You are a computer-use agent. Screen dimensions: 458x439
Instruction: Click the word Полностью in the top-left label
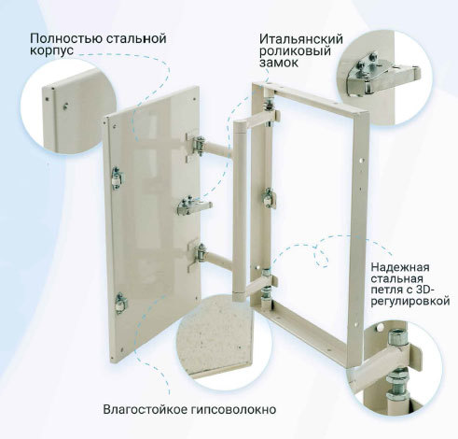coord(66,39)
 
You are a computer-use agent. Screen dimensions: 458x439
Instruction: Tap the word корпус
coord(51,50)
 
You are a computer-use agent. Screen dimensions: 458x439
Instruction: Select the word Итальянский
coord(301,39)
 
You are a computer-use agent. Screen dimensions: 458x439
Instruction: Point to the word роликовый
coord(295,51)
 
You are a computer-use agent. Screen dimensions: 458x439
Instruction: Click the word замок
coord(279,63)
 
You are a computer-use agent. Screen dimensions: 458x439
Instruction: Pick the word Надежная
coord(400,267)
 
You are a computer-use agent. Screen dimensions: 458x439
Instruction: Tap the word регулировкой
coord(410,302)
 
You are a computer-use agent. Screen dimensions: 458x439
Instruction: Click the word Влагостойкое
coord(145,409)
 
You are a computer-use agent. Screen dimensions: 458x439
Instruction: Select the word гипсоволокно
coord(232,409)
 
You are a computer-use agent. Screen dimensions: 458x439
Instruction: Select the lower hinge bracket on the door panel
coord(197,254)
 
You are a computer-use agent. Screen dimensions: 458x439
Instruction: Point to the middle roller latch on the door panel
coord(194,205)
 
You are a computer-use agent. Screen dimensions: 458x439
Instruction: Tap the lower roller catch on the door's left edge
coord(120,303)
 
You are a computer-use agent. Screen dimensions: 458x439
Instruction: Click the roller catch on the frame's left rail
coord(269,198)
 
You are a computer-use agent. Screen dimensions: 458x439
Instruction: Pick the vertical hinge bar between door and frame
coord(241,211)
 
